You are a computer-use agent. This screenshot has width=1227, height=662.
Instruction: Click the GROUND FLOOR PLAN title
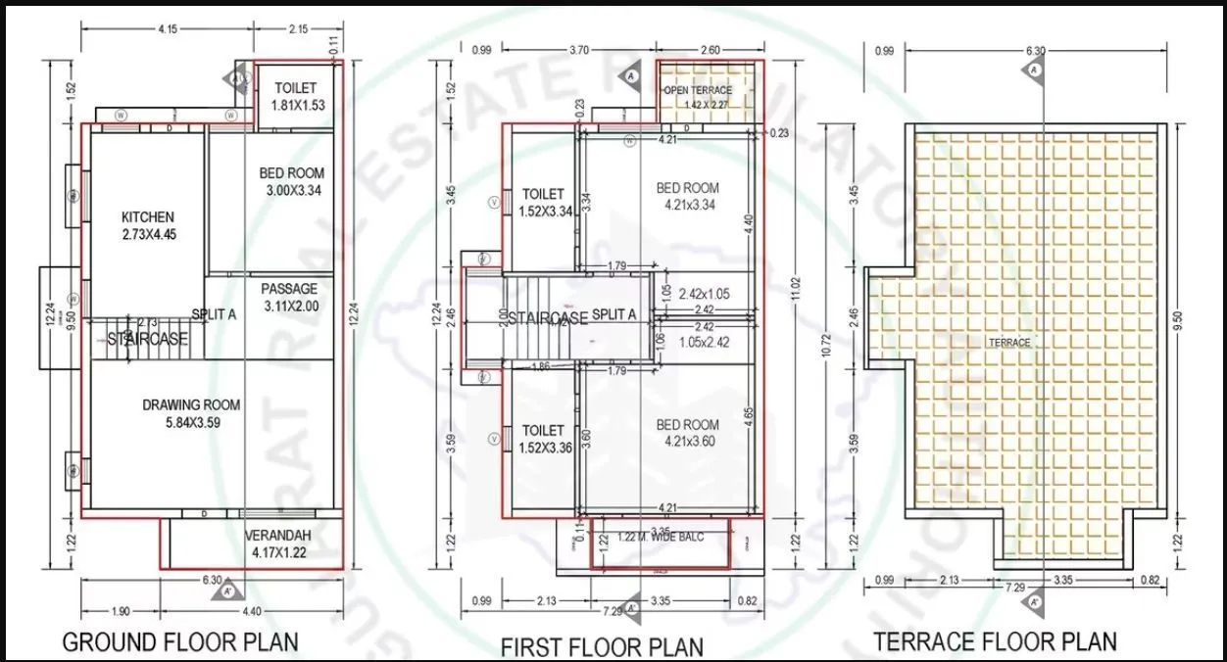coord(180,642)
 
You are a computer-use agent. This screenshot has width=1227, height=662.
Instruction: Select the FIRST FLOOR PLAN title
coord(602,646)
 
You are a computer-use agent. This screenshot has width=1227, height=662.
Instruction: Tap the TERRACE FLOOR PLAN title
coord(995,641)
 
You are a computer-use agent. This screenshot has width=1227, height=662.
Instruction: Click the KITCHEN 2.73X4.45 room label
coord(148,225)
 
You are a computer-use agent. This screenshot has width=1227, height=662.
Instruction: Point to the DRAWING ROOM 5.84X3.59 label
coord(191,413)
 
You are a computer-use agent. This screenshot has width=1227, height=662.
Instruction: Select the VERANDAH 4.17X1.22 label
coord(279,544)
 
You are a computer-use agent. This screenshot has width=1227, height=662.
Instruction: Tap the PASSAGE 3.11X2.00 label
coord(291,298)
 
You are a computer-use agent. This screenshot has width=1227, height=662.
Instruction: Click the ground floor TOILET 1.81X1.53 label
coord(295,97)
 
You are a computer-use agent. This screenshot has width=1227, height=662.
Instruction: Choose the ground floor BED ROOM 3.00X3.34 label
coord(291,181)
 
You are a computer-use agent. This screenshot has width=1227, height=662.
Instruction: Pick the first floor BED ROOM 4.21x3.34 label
coord(687,196)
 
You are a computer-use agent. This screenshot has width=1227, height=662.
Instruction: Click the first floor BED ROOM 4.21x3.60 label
coord(687,433)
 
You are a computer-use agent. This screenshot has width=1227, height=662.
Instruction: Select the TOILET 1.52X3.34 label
coord(543,202)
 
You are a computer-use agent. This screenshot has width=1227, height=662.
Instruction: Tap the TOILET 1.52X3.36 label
coord(543,439)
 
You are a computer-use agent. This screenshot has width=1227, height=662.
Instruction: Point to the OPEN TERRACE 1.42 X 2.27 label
coord(698,96)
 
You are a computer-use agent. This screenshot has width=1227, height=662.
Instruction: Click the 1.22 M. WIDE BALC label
coord(661,537)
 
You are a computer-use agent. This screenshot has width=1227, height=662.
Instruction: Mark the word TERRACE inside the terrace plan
coord(1008,343)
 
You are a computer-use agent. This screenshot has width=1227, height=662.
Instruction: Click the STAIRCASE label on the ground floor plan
coord(148,340)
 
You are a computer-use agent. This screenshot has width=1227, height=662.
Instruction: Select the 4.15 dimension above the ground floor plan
coord(168,29)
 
